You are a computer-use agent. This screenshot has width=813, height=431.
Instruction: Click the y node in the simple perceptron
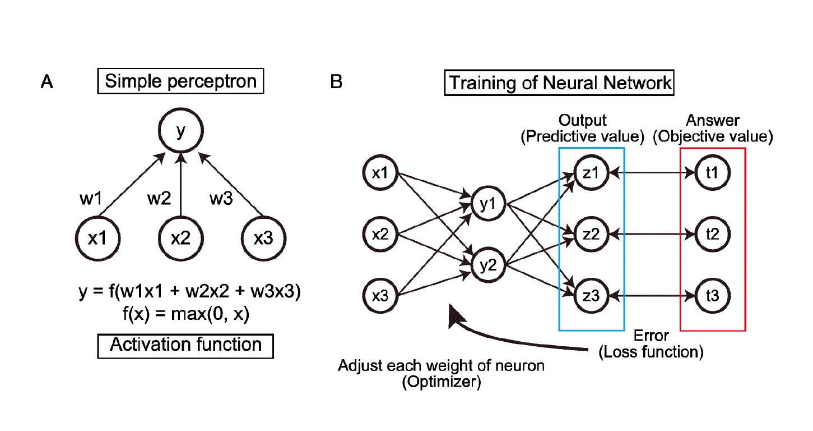click(180, 131)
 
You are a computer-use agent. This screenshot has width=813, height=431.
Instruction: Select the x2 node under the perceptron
click(180, 239)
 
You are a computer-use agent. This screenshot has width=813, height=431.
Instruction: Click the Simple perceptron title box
click(180, 81)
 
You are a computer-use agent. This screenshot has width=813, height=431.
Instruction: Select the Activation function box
click(185, 345)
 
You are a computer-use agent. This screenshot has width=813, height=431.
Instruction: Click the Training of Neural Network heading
click(559, 83)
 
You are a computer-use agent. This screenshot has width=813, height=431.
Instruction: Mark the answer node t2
click(713, 233)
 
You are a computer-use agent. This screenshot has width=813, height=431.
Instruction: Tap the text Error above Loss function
click(651, 336)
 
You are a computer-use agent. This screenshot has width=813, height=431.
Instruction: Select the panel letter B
click(336, 82)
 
